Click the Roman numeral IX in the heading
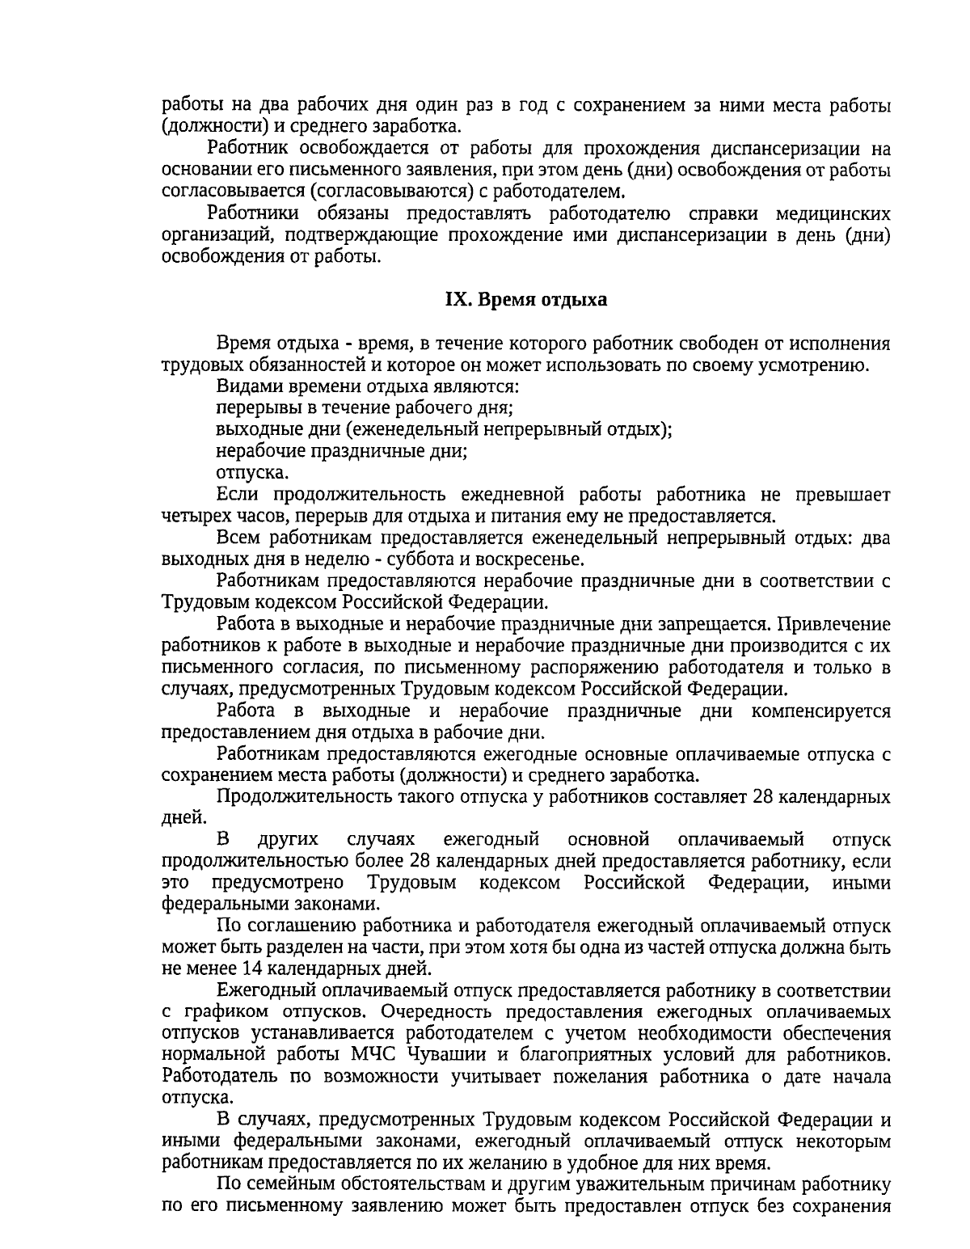pos(457,300)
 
